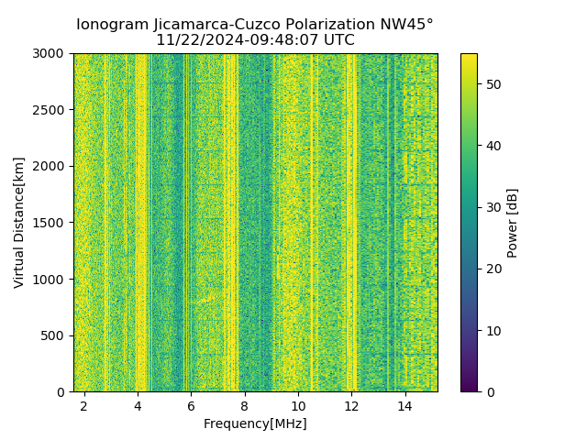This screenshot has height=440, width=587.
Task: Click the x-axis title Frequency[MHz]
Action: [255, 423]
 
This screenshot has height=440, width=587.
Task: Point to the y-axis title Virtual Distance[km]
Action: [19, 223]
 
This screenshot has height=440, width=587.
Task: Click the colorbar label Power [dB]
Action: [513, 223]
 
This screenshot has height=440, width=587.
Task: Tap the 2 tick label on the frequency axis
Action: [84, 405]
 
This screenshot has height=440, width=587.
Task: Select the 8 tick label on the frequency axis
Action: [245, 405]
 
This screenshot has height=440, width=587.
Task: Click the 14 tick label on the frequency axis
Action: [404, 405]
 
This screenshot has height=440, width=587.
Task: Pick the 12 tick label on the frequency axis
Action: [351, 405]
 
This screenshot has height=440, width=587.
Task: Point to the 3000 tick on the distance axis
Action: [51, 54]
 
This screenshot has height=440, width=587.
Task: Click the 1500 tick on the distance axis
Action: [51, 223]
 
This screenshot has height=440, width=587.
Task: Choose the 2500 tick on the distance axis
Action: [51, 110]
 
